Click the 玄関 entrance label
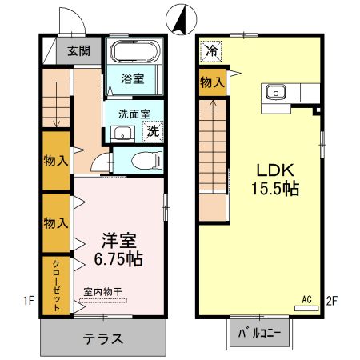coord(78,51)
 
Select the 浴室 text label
coord(132,79)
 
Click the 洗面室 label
coord(129,114)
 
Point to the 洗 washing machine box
coord(152,130)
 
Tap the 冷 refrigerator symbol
coord(211,51)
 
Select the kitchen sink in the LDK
coord(277,91)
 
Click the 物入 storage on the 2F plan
coord(212,82)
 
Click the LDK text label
coord(277,170)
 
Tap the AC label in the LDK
coord(306,300)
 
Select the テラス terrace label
coord(102,338)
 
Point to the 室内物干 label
coord(102,293)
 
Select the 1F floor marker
coord(29,301)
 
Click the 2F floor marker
coord(334,301)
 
